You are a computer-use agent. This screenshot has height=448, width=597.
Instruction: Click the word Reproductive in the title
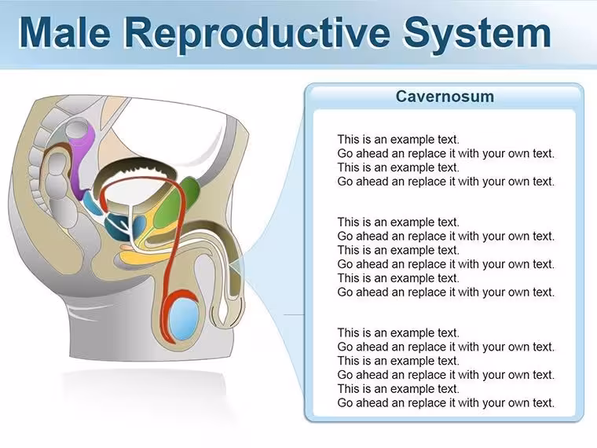257,35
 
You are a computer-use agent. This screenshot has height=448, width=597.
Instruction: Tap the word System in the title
477,35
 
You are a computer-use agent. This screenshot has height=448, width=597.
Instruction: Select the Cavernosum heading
445,96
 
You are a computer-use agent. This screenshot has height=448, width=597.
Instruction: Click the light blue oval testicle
184,319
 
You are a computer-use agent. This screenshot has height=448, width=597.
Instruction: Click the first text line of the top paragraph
398,139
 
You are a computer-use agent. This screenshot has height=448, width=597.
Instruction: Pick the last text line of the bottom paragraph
446,402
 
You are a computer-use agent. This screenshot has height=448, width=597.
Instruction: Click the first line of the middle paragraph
398,222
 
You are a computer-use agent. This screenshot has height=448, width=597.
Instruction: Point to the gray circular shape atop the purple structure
79,130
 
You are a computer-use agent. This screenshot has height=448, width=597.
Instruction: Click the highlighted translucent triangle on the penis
236,266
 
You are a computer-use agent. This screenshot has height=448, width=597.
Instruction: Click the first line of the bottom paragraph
398,332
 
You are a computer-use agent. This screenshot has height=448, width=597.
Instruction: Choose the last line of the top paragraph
446,182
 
